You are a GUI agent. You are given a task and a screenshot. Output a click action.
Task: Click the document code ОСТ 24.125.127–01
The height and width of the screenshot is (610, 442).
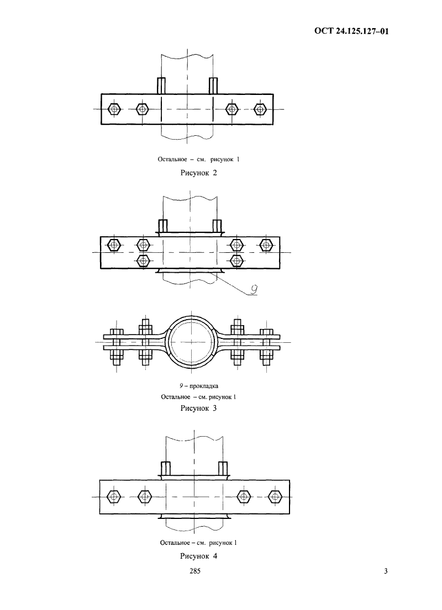pyautogui.click(x=351, y=31)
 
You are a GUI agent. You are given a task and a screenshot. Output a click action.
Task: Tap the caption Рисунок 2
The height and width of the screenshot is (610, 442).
pyautogui.click(x=198, y=173)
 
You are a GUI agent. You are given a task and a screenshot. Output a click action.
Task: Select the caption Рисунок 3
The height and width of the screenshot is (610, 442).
pyautogui.click(x=198, y=408)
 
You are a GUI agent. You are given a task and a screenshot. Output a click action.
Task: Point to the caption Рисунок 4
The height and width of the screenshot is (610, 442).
pyautogui.click(x=198, y=556)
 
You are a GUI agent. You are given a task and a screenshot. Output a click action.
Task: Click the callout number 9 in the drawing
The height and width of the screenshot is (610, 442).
pyautogui.click(x=254, y=290)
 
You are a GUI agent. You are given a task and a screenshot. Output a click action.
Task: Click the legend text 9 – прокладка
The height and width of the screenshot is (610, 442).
pyautogui.click(x=198, y=386)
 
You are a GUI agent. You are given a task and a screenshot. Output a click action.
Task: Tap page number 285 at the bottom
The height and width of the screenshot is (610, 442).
pyautogui.click(x=194, y=571)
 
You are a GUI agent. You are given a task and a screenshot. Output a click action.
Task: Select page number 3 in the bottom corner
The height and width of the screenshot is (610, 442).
pyautogui.click(x=386, y=571)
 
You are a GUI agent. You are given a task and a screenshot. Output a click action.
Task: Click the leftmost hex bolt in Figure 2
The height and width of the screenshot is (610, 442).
pyautogui.click(x=114, y=109)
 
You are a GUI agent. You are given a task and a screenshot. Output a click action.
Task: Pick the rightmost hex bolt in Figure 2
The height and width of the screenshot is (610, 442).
pyautogui.click(x=260, y=109)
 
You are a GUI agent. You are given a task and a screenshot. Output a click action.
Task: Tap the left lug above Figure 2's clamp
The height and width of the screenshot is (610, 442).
pyautogui.click(x=161, y=86)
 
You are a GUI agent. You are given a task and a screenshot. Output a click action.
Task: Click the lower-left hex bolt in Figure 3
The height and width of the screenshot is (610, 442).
pyautogui.click(x=143, y=260)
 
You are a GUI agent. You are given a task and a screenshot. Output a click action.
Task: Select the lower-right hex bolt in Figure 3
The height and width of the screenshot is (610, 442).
pyautogui.click(x=236, y=260)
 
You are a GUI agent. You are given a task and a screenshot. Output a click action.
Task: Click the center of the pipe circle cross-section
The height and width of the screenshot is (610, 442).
pyautogui.click(x=191, y=342)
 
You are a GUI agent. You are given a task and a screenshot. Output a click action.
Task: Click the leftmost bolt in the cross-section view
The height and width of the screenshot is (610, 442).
pyautogui.click(x=117, y=347)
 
